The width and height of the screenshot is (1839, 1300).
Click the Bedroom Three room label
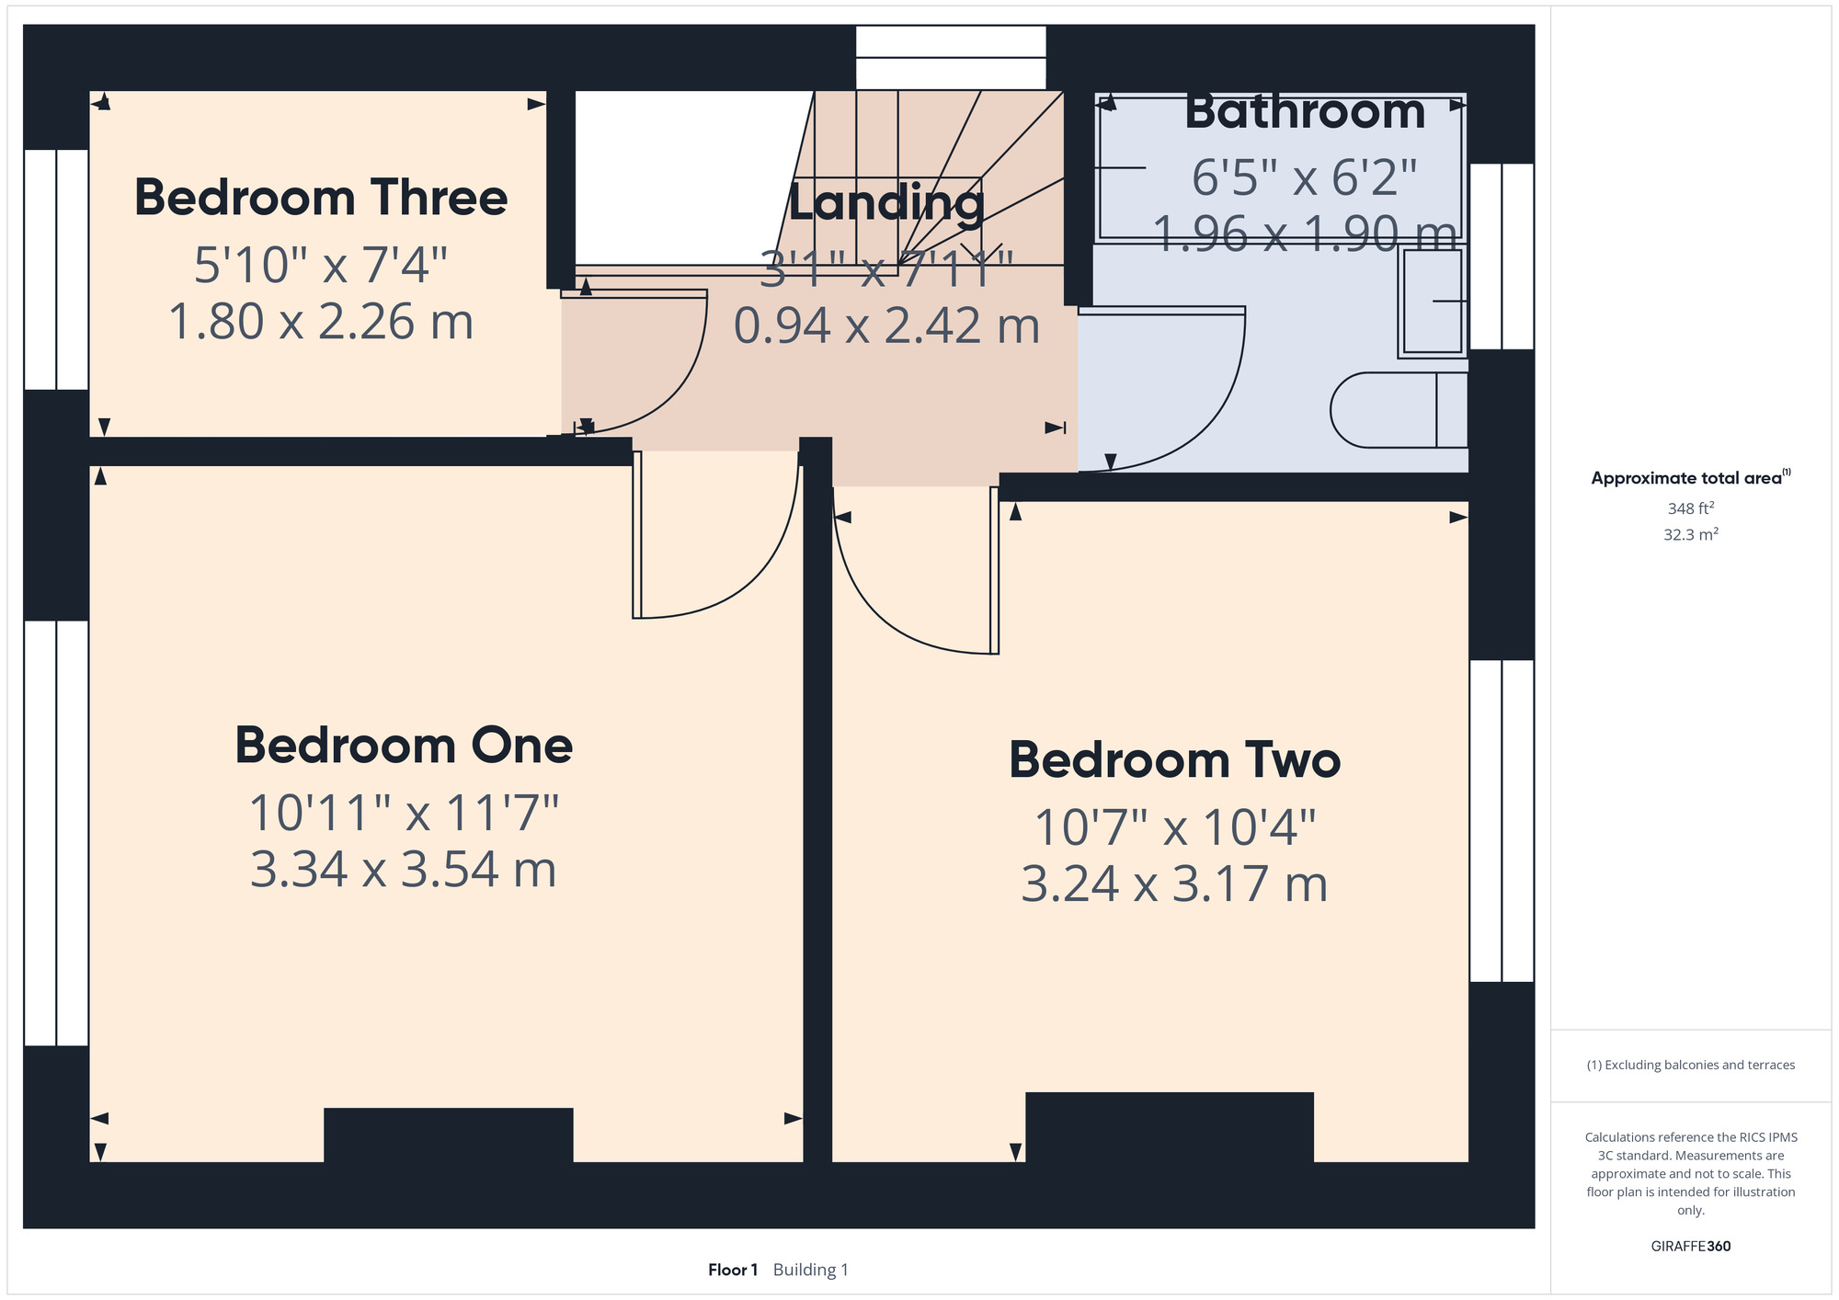coord(321,198)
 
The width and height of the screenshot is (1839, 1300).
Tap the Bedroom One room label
coord(404,745)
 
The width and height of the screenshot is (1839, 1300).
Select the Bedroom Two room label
coord(1174,760)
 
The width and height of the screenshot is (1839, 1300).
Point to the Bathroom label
coord(1305,112)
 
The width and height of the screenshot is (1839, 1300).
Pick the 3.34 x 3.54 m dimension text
coord(404,869)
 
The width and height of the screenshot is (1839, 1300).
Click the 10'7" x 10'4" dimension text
coord(1174,827)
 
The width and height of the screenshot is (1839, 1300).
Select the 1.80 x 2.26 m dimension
coord(321,322)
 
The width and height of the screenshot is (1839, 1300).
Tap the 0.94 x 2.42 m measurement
coord(886,325)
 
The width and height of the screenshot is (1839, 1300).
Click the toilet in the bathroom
coord(1399,410)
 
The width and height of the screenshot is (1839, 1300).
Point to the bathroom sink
coord(1432,302)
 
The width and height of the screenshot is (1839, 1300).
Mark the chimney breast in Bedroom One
coord(449,1135)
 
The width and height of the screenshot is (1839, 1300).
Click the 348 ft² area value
coord(1690,507)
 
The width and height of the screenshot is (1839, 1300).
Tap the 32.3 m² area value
coord(1690,534)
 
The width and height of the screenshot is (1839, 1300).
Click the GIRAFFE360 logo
coord(1690,1247)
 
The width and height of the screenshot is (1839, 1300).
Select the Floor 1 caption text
coord(733,1270)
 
